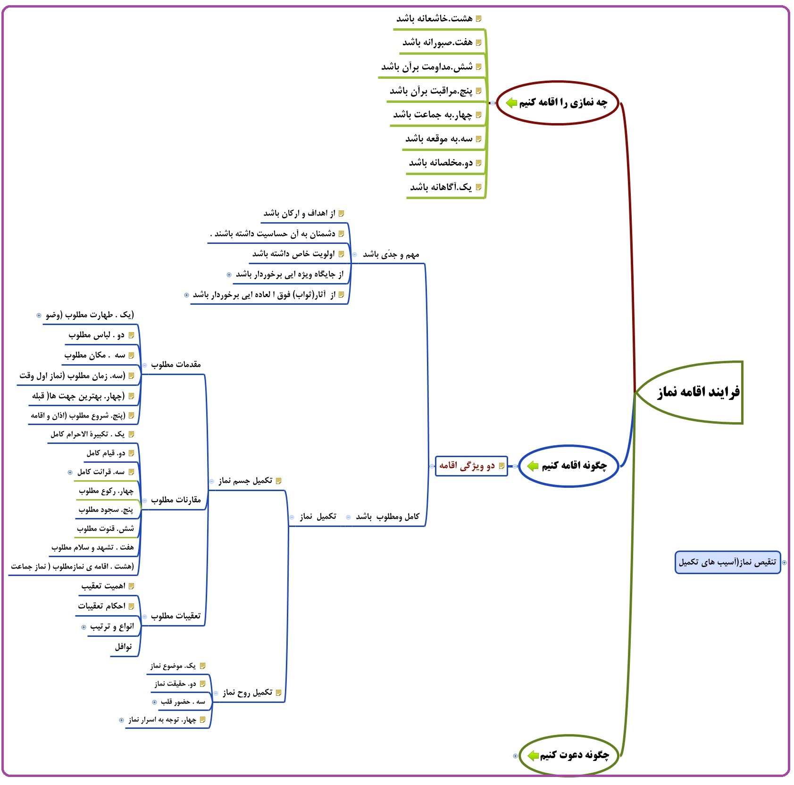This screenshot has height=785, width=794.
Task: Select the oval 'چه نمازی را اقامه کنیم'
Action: pos(558,103)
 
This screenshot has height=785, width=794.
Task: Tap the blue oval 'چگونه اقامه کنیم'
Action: pos(568,466)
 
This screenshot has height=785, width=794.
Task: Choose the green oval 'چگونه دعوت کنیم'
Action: pos(569,755)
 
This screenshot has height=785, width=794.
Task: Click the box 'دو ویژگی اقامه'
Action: pos(471,466)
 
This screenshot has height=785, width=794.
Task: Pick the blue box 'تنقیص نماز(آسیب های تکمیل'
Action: pos(727,562)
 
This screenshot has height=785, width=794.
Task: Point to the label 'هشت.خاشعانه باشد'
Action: pos(434,19)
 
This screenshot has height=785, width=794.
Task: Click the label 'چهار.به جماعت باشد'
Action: pos(432,115)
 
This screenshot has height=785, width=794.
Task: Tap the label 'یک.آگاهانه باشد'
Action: pos(441,187)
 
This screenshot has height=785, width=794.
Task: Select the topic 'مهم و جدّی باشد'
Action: pos(391,255)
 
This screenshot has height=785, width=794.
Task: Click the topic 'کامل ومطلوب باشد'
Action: pos(387,517)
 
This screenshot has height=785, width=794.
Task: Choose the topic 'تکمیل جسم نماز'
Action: pos(245,481)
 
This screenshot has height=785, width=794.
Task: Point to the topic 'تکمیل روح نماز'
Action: pos(248,693)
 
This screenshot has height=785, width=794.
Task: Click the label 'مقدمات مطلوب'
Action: pos(176,365)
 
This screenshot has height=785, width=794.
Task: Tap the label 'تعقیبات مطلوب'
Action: pos(176,616)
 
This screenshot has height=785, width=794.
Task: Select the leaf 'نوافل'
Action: pos(124,647)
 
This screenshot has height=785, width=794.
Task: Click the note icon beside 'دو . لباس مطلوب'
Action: pos(132,335)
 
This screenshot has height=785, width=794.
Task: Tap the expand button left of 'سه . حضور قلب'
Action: pos(154,702)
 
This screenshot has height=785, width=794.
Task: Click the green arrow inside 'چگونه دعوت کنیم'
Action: pos(533,756)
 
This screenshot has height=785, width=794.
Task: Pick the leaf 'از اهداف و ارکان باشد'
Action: pos(299,214)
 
